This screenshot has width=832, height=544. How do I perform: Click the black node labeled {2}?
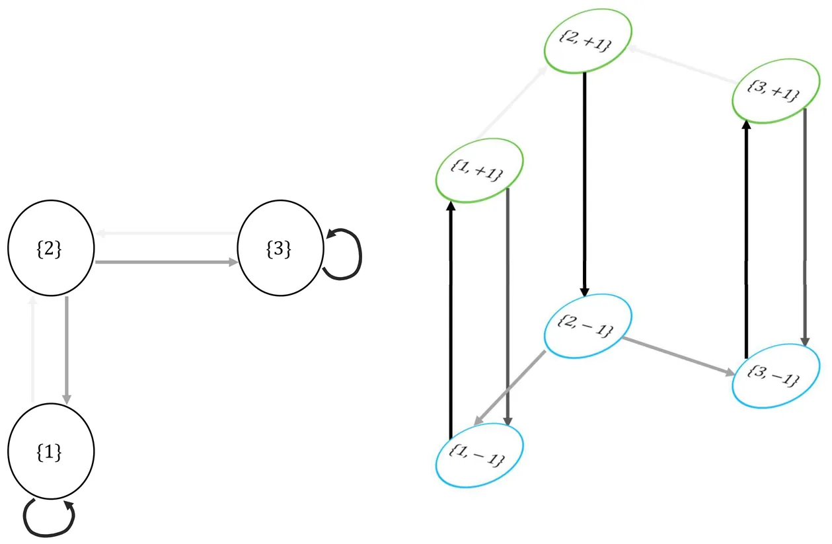tap(50, 250)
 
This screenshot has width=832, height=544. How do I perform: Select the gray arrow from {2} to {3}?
tap(165, 262)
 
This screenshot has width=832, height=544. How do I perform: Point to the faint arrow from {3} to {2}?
tap(165, 233)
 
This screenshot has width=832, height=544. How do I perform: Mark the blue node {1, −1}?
tap(480, 455)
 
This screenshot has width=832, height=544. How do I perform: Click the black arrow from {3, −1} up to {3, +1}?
tap(746, 238)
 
